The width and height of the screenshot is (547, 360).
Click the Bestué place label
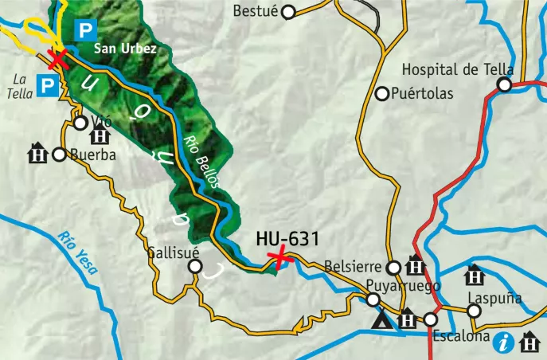click(256, 11)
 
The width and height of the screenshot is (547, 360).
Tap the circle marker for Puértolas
click(382, 94)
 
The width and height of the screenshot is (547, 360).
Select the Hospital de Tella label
click(457, 68)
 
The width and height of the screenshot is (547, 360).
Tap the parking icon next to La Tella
click(49, 85)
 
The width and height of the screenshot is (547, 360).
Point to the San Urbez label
click(125, 49)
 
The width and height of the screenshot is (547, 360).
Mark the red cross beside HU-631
click(279, 256)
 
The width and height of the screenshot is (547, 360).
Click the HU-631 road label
click(287, 237)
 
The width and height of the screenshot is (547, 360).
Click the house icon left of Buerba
click(37, 153)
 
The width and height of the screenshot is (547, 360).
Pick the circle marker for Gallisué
click(195, 268)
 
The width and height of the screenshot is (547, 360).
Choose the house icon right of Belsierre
click(415, 267)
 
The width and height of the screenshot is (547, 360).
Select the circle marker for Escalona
click(431, 319)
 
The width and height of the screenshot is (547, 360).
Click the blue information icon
click(503, 343)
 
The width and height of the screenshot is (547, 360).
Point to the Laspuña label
click(495, 298)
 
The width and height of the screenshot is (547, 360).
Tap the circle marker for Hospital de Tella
click(504, 84)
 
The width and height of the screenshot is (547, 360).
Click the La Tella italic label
click(21, 85)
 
